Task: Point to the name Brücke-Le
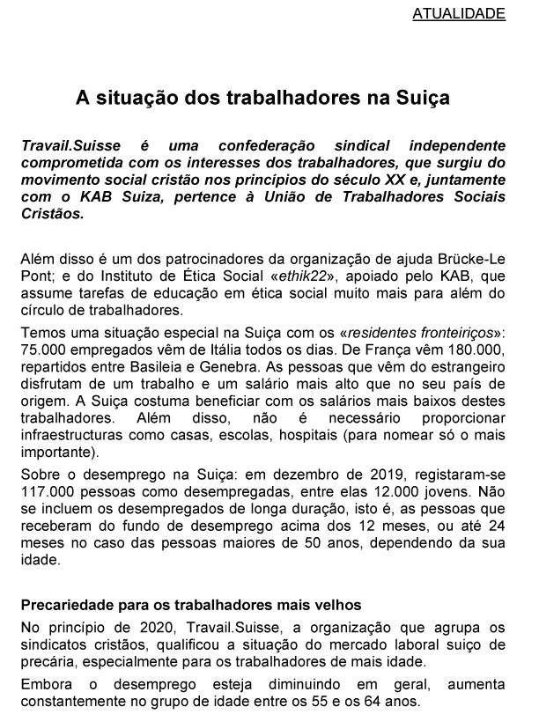coord(474,260)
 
